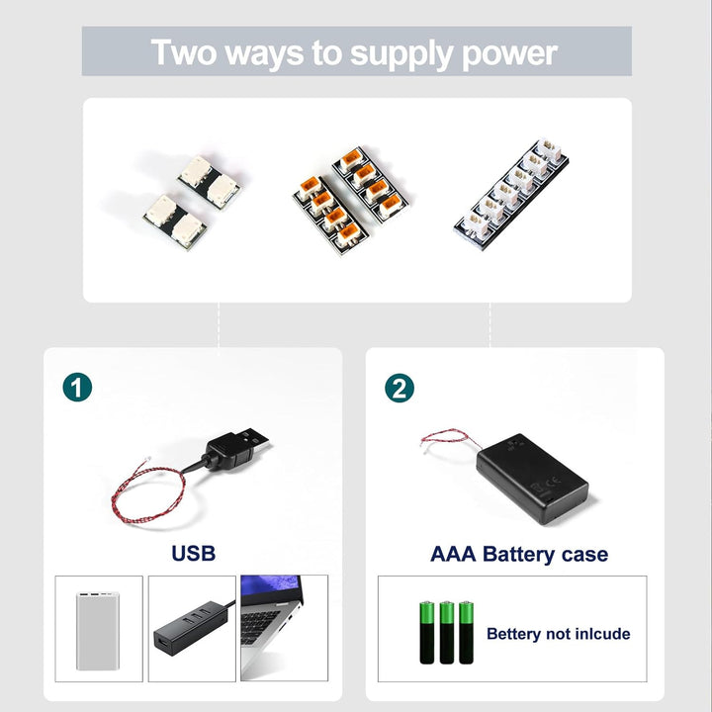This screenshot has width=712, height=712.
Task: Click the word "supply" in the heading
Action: pyautogui.click(x=400, y=54)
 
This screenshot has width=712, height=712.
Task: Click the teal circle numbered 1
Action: pyautogui.click(x=77, y=388)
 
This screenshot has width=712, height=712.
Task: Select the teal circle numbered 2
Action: pyautogui.click(x=400, y=388)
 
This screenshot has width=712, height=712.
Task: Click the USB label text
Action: pyautogui.click(x=194, y=553)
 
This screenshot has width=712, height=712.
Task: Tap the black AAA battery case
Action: pyautogui.click(x=532, y=479)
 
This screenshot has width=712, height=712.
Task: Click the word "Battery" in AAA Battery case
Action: pyautogui.click(x=518, y=555)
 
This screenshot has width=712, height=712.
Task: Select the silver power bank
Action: pyautogui.click(x=98, y=631)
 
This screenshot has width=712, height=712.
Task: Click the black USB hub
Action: pyautogui.click(x=191, y=623)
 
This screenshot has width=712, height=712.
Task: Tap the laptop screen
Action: pyautogui.click(x=271, y=589)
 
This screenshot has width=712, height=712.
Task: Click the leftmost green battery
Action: pyautogui.click(x=426, y=633)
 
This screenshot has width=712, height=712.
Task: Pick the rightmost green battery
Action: pyautogui.click(x=467, y=633)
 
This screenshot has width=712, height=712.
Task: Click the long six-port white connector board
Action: pyautogui.click(x=511, y=194)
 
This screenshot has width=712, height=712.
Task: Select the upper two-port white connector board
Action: pyautogui.click(x=209, y=182)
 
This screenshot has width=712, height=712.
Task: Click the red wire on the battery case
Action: pyautogui.click(x=447, y=437)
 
